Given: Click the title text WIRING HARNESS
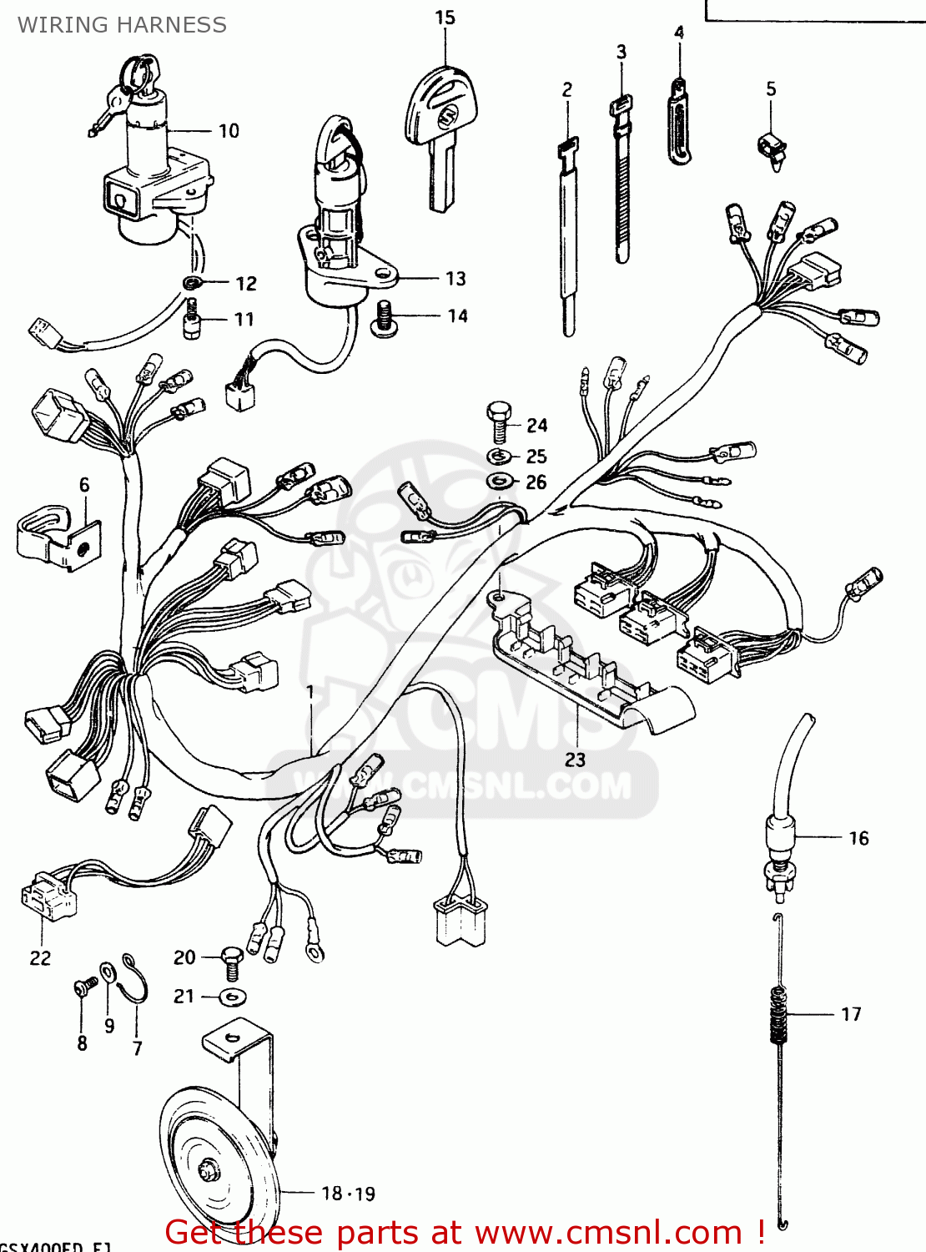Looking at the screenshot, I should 122,25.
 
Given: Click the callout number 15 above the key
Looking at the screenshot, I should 445,18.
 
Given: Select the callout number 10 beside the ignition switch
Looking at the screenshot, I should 229,131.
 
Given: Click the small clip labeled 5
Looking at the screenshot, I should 773,149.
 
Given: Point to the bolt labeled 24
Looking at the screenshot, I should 499,422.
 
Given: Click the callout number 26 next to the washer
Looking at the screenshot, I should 536,482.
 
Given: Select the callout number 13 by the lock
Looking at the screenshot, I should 455,279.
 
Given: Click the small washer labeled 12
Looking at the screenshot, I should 192,283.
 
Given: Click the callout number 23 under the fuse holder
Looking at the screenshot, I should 576,760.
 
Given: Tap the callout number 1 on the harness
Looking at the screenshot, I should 310,692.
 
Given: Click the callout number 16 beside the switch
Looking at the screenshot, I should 858,838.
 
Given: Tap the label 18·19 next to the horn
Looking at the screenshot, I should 349,1194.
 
